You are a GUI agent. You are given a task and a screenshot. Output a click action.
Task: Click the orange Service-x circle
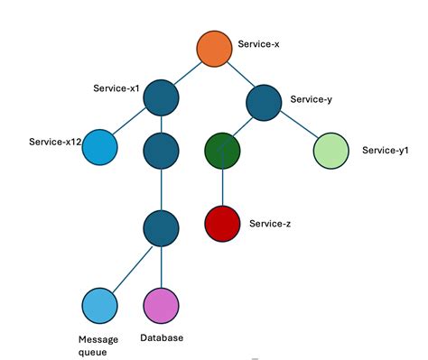click(x=216, y=50)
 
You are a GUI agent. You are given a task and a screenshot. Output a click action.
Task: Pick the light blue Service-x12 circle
click(x=100, y=148)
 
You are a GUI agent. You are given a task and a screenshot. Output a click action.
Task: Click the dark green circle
click(x=223, y=150)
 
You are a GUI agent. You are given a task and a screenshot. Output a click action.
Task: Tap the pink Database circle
click(x=161, y=307)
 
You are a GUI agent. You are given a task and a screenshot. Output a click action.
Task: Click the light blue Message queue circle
click(x=99, y=307)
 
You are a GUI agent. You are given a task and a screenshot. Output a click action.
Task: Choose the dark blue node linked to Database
click(x=161, y=227)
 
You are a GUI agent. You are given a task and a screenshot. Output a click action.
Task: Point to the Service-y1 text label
click(x=385, y=151)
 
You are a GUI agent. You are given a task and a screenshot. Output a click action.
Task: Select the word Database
click(x=162, y=338)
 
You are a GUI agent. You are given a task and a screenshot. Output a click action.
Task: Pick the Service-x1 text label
click(x=115, y=88)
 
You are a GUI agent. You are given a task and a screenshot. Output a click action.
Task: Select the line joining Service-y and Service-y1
click(x=299, y=125)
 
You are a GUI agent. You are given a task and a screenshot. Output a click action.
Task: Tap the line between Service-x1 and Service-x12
click(x=131, y=124)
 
